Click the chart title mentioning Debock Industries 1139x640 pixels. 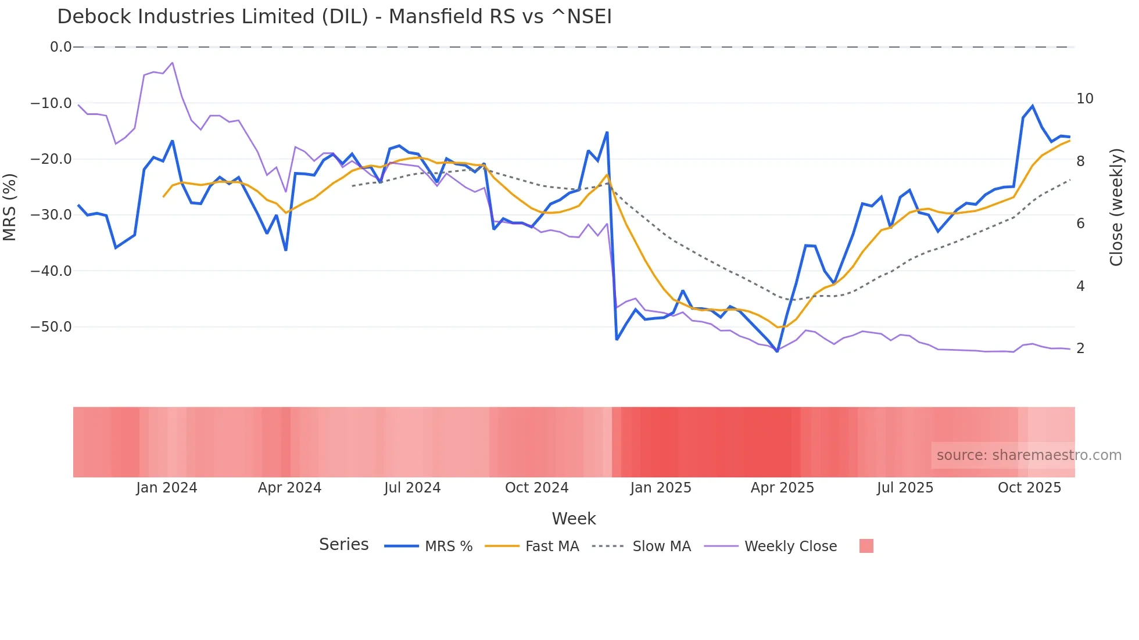[334, 17]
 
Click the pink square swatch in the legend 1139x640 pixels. [866, 546]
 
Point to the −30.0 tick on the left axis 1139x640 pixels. [51, 215]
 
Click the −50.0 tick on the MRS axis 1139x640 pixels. [51, 327]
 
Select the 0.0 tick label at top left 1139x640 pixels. [60, 47]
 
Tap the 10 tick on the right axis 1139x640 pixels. [1085, 99]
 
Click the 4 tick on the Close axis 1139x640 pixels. [1081, 286]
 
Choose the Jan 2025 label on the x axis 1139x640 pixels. [661, 488]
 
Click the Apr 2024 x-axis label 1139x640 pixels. [289, 488]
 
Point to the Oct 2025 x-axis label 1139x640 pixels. [1029, 488]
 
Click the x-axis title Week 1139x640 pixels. [574, 519]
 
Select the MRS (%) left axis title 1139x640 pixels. [10, 207]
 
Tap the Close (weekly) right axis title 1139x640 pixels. [1116, 207]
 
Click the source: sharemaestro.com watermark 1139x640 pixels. [1029, 455]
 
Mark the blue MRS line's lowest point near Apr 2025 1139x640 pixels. [777, 351]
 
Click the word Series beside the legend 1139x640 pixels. [343, 545]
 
